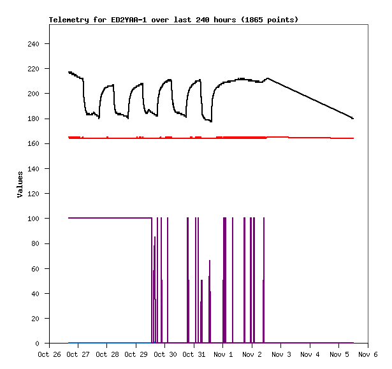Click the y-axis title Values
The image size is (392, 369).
point(20,184)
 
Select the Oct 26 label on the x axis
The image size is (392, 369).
point(49,354)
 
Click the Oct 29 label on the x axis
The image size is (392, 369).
point(136,354)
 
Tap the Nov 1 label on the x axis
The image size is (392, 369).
point(223,354)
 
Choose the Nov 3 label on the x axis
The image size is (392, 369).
point(281,354)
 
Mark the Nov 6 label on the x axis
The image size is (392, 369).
point(368,354)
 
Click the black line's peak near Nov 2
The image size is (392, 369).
point(268,78)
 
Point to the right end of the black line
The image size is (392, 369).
point(352,119)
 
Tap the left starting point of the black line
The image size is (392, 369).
point(69,72)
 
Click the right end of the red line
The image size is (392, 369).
point(353,138)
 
